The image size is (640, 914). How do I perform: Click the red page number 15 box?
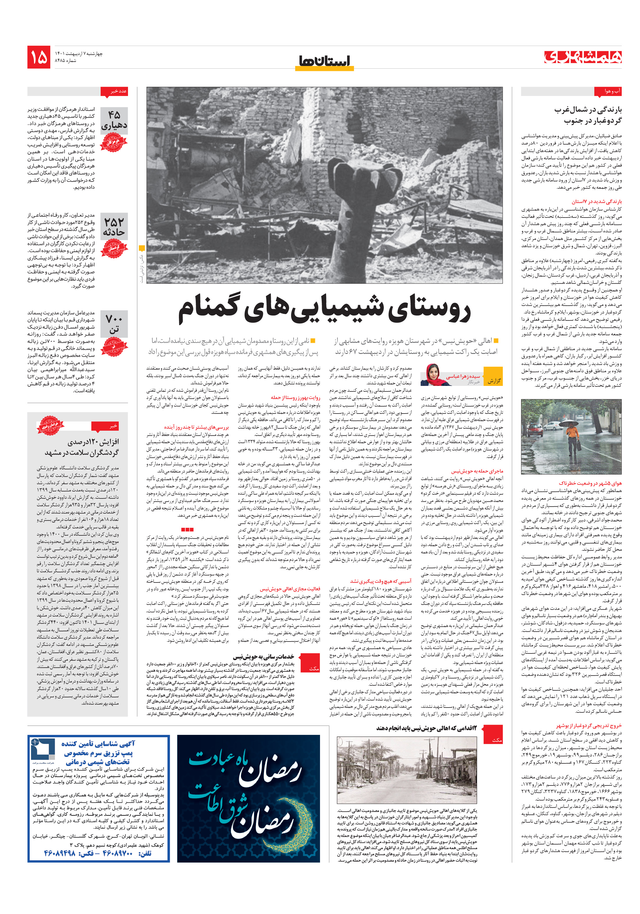[x=39, y=57]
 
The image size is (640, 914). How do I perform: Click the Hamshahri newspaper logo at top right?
[x=583, y=57]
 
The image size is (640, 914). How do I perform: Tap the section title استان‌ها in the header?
[x=324, y=61]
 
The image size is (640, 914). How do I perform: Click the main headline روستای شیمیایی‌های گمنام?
[x=324, y=310]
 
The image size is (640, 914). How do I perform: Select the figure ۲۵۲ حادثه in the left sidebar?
[x=114, y=227]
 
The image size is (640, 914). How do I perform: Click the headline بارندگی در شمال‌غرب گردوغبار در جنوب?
[x=588, y=115]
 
